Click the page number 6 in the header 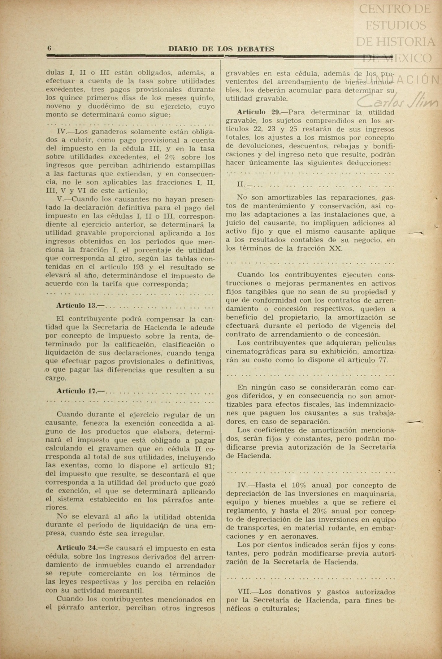49,49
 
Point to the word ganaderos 106,132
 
